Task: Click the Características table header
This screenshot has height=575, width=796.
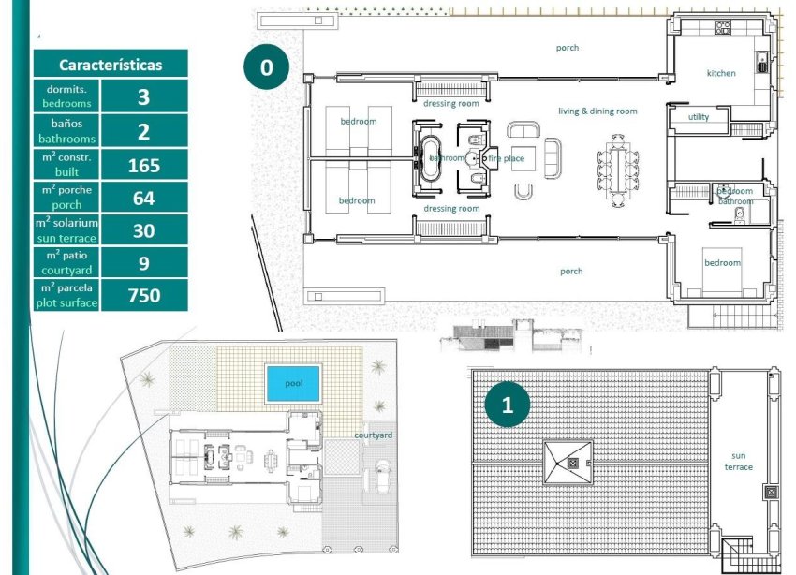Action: [x=111, y=65]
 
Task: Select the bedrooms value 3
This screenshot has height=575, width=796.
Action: [x=143, y=97]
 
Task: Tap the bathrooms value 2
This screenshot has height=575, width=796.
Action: [x=143, y=131]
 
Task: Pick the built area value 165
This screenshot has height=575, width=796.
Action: [x=143, y=166]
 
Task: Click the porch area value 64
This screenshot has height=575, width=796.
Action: [x=143, y=198]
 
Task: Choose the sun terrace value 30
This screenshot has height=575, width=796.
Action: [x=143, y=230]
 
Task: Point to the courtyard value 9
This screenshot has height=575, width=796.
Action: [x=143, y=263]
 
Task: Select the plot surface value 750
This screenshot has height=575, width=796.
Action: [x=143, y=295]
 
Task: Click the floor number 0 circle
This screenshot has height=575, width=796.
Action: [x=267, y=67]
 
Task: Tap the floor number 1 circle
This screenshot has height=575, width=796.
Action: [x=508, y=405]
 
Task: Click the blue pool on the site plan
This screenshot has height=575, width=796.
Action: [x=293, y=383]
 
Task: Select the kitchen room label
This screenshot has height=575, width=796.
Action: [x=721, y=73]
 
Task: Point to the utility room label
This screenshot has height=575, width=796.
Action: [x=699, y=117]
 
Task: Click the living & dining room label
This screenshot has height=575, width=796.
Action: [x=597, y=111]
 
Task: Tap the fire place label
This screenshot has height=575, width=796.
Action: [x=507, y=158]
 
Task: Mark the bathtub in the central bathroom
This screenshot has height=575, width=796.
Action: [x=431, y=157]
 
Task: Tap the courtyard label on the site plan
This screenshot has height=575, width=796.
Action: [x=373, y=435]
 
